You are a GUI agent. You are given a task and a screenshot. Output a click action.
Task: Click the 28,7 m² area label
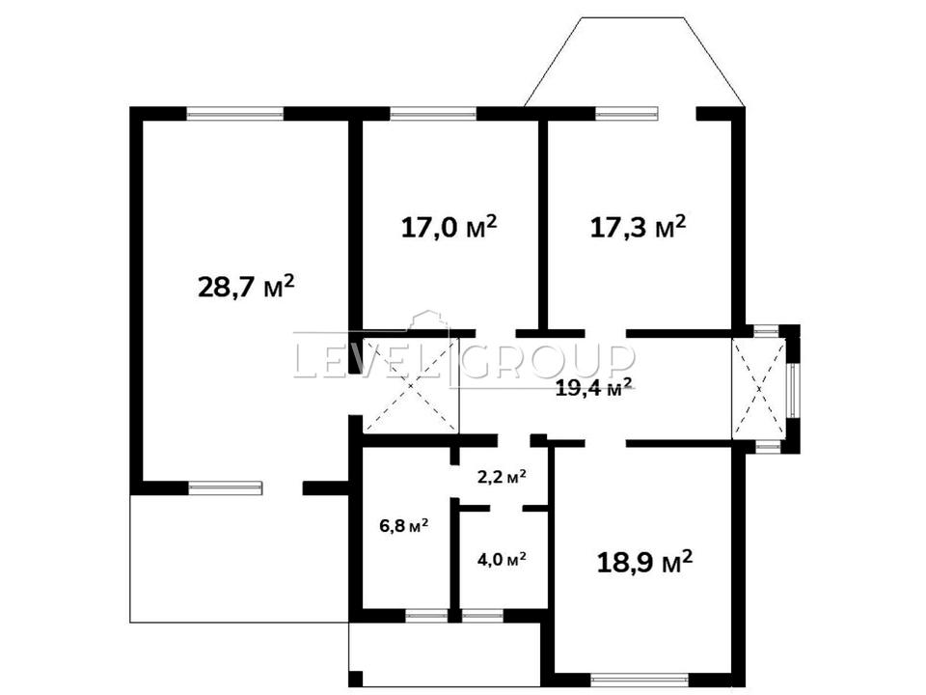click(246, 287)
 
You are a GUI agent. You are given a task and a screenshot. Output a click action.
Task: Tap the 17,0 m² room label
click(449, 226)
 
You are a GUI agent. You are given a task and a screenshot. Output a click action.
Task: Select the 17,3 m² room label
click(639, 226)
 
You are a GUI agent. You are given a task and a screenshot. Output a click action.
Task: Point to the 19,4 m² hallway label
click(594, 388)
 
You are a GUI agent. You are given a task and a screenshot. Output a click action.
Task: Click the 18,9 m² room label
click(645, 562)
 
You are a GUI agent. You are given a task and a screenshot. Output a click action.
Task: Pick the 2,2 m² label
click(502, 477)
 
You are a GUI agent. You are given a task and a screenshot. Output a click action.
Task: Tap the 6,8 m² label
click(404, 525)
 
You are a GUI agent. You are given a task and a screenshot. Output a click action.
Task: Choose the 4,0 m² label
click(502, 559)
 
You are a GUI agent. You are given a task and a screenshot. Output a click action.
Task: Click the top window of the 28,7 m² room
click(235, 114)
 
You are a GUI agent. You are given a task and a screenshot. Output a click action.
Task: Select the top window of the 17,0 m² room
click(433, 114)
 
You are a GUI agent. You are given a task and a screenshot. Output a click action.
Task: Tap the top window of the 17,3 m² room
click(626, 114)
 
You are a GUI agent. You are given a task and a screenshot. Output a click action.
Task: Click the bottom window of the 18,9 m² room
click(639, 681)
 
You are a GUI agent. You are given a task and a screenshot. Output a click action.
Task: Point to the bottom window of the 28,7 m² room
click(225, 487)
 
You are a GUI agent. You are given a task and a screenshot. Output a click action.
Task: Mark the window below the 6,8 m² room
click(426, 616)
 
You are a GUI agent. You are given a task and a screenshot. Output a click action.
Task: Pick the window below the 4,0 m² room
click(482, 616)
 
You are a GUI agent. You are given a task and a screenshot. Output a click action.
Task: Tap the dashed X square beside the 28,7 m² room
click(411, 385)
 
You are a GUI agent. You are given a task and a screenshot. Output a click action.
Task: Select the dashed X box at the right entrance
click(759, 389)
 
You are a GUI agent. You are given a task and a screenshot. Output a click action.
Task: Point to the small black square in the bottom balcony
click(356, 679)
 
